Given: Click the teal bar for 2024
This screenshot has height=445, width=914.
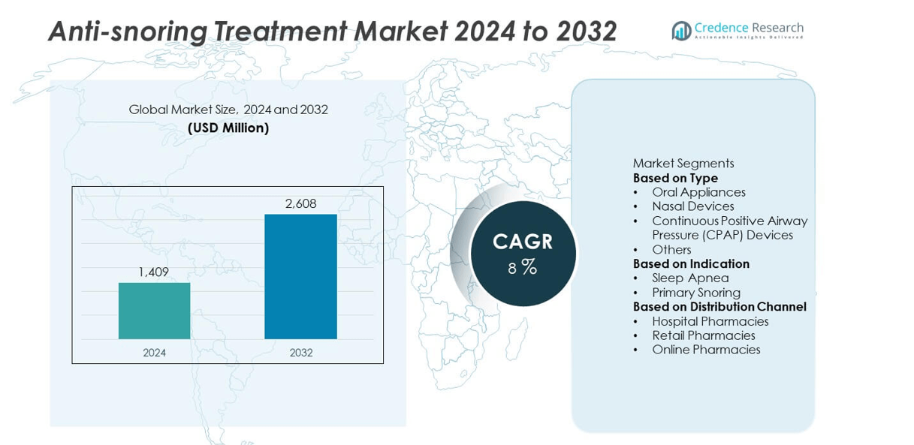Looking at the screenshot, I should pos(154,311).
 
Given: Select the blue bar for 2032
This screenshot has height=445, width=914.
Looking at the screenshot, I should pos(300,276).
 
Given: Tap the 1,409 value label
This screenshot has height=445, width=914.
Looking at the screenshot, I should pos(153,272).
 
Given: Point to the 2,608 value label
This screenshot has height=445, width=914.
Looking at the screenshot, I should pos(300,203).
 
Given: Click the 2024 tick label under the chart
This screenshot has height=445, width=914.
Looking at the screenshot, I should pos(154,353).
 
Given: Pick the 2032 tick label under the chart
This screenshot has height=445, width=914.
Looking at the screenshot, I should pos(300,353).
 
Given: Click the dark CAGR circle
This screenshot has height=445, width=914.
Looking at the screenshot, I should pos(523,254).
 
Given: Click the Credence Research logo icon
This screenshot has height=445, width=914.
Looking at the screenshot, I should pos(681,31).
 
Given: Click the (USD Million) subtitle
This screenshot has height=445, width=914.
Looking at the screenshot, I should pos(228,128).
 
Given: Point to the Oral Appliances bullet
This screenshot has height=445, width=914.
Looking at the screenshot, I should pos(698,192).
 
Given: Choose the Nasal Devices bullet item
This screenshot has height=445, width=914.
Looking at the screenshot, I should pos(692,206).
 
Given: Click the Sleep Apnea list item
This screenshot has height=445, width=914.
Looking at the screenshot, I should pos(690,278).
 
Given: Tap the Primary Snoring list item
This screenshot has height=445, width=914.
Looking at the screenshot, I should pos(695,293).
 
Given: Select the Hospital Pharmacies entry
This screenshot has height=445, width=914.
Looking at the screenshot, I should pos(710,321).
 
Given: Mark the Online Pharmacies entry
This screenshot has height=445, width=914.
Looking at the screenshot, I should pos(706,350).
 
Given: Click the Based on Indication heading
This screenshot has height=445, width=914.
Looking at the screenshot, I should pos(691,263).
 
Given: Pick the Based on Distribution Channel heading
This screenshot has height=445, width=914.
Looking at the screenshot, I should pos(719,307).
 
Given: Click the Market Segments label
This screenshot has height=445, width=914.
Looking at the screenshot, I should pos(683,164).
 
